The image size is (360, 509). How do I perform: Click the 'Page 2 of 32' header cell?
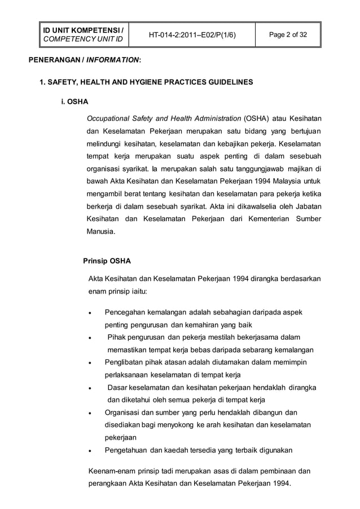click(x=288, y=36)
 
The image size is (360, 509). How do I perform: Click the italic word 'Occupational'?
click(x=108, y=119)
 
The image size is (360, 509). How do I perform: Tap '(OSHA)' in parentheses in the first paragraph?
click(x=256, y=119)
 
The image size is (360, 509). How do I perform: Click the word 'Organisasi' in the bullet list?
click(x=123, y=413)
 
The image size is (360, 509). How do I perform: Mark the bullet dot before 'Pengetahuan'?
click(x=89, y=451)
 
